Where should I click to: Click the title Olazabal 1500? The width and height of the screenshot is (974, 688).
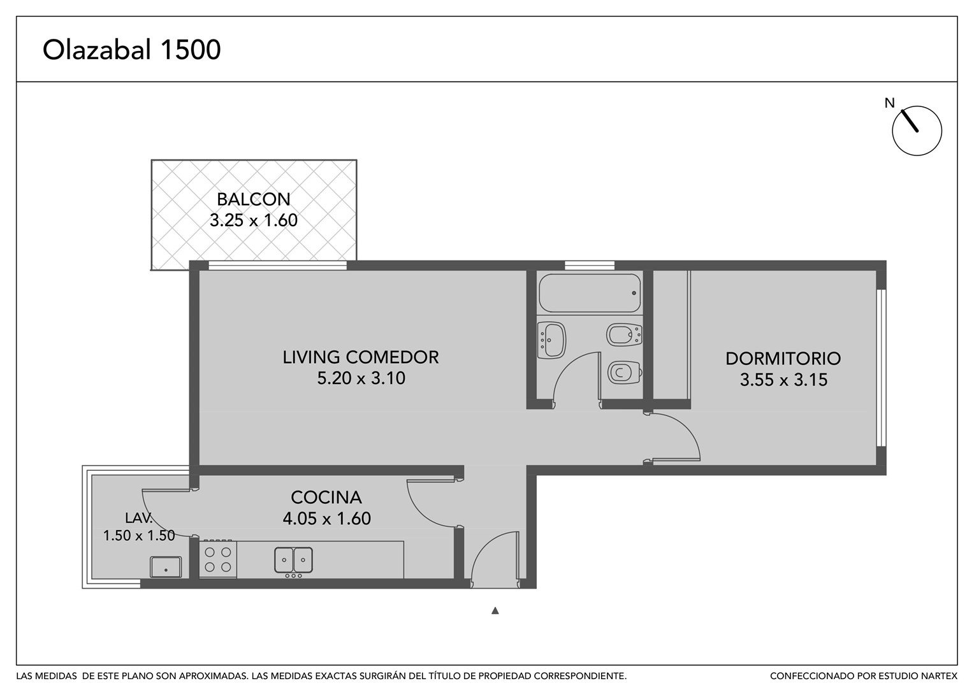click(x=131, y=50)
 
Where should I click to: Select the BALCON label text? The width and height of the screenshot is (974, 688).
click(x=254, y=199)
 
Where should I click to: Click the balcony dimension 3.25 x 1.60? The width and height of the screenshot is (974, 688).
click(x=254, y=220)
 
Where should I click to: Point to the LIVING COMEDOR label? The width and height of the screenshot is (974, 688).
click(x=360, y=357)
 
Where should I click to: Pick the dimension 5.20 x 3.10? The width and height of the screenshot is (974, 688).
click(x=361, y=378)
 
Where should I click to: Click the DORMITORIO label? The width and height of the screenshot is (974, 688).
click(x=783, y=359)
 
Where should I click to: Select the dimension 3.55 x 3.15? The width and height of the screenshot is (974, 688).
click(x=783, y=380)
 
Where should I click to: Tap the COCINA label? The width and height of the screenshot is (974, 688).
click(x=326, y=497)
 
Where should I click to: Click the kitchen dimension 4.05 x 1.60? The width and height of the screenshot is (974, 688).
click(x=326, y=519)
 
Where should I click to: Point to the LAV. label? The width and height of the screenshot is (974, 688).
click(x=139, y=518)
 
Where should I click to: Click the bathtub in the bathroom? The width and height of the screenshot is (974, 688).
click(x=590, y=293)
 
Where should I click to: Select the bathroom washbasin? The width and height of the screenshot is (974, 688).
click(x=551, y=340)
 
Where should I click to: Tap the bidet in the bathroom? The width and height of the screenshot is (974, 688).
click(x=624, y=334)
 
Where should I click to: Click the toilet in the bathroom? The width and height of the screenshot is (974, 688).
click(x=625, y=373)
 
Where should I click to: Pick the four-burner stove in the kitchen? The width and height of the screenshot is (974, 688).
click(x=218, y=559)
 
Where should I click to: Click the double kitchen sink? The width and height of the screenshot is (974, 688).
click(x=293, y=560)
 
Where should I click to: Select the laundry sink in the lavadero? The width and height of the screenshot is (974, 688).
click(x=166, y=567)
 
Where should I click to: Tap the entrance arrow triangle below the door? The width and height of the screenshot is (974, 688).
click(x=495, y=611)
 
